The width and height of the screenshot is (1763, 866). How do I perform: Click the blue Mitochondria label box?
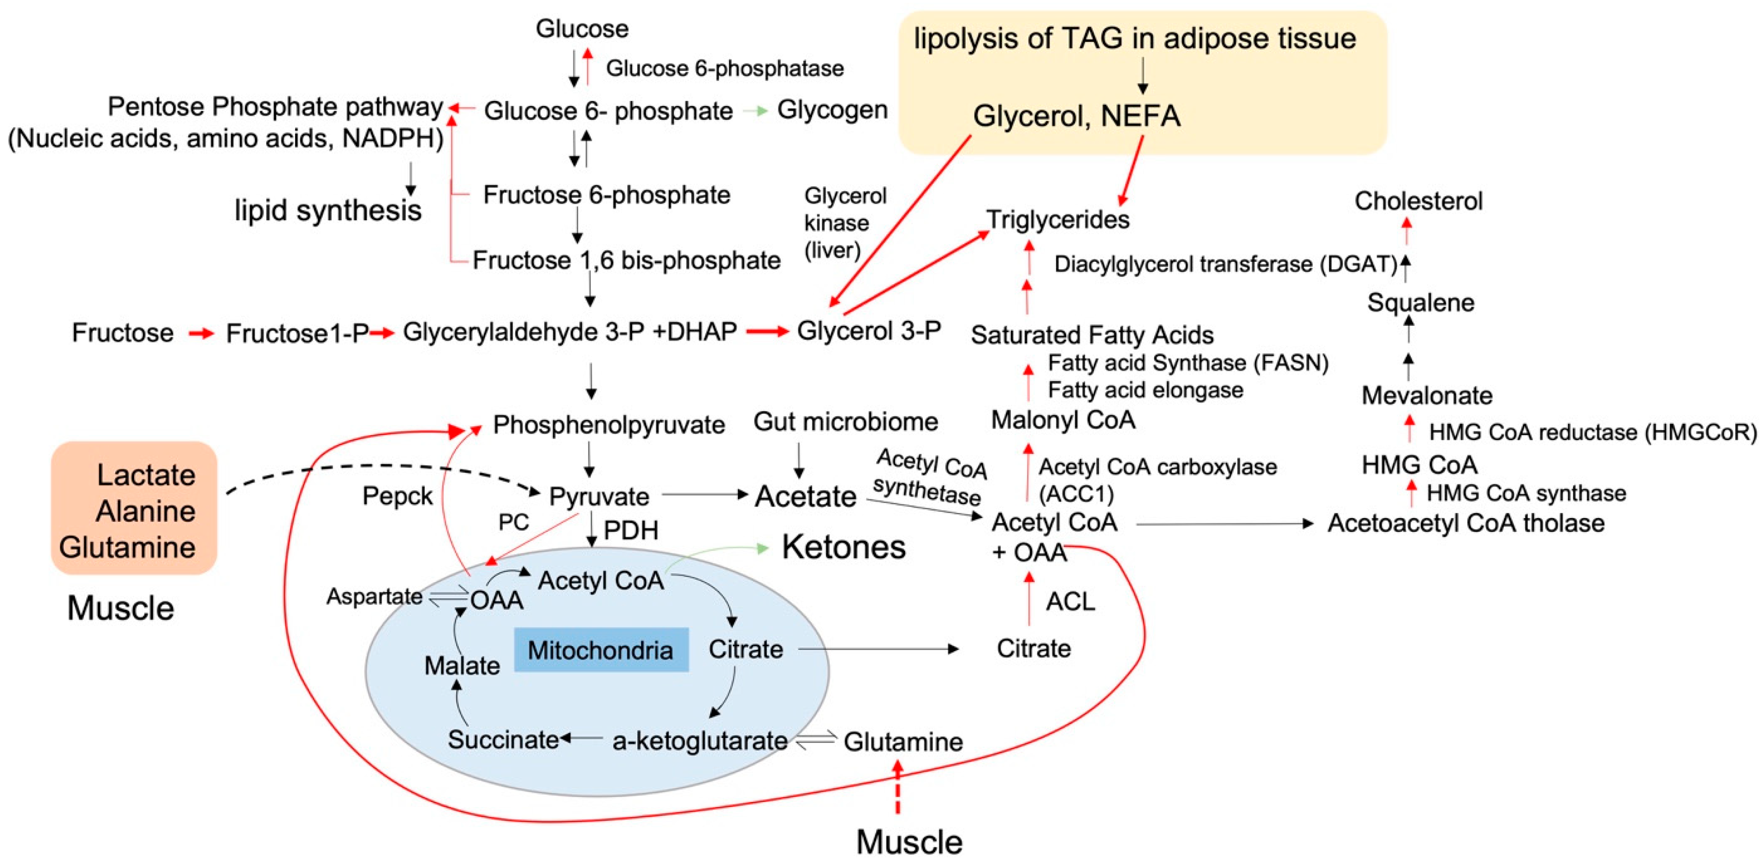(600, 649)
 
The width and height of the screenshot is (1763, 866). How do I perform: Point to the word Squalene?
(1420, 302)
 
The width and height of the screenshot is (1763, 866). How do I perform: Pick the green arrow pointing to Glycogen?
(755, 110)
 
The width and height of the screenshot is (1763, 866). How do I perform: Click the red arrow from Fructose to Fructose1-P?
(201, 333)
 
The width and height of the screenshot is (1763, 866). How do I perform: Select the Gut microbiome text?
(845, 422)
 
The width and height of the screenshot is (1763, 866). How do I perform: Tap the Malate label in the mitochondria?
(462, 665)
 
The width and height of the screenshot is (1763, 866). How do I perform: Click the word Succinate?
(503, 739)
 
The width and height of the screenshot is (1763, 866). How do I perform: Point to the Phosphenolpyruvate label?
(608, 425)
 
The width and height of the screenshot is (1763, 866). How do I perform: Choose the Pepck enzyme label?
(397, 496)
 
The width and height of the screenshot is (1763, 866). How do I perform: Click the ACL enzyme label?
(1070, 601)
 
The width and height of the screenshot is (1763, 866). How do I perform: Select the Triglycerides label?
(1057, 219)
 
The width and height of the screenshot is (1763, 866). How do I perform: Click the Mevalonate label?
(1426, 395)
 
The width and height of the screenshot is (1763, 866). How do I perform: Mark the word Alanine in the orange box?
(145, 511)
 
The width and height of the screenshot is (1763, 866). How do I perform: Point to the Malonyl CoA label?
(1063, 419)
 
